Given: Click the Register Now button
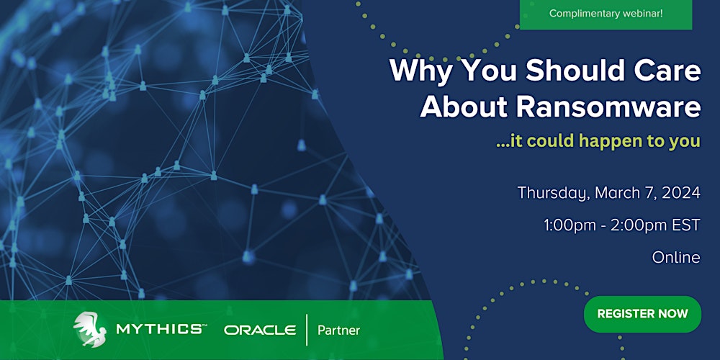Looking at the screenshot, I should coord(642,314).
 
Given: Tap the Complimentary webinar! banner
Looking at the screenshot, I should coord(606,14).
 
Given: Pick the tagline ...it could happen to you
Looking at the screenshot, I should coord(598,141).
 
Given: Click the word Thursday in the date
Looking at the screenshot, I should coord(552,193).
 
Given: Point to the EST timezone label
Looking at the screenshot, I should coord(687,225).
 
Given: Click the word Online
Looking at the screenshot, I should coord(676,257).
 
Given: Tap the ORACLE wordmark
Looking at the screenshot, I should coord(260,330).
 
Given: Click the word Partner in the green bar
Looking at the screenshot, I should coord(338,330).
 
